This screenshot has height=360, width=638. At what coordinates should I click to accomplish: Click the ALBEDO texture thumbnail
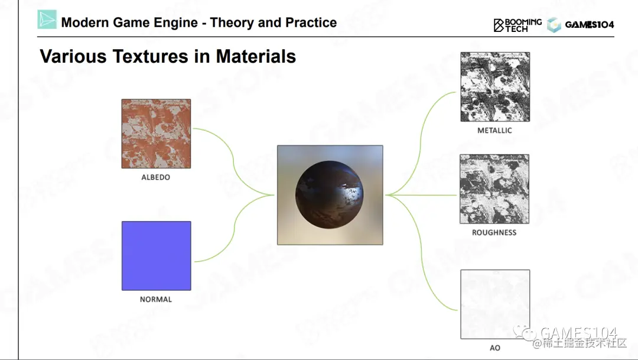[156, 134]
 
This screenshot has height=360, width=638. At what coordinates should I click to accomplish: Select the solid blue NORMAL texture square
[156, 256]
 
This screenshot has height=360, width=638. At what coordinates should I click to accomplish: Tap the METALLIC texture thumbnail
[495, 87]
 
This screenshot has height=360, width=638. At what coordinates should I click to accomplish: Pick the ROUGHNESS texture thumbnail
[494, 189]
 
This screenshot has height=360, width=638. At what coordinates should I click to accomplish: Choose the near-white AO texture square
[495, 304]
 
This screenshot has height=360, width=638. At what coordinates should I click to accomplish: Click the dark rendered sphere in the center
[330, 194]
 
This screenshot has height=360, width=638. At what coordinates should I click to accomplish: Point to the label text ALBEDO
[156, 177]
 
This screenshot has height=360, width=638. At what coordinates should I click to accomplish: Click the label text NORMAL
[156, 299]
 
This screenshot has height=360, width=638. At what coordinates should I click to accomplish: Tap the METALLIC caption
[495, 130]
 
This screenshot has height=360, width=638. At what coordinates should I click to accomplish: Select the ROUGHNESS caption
[494, 232]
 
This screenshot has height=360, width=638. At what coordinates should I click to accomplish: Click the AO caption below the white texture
[495, 348]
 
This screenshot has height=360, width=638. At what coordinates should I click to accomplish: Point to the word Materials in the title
[256, 56]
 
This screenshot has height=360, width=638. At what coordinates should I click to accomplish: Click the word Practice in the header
[311, 22]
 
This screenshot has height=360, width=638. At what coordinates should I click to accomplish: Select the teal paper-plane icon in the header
[47, 20]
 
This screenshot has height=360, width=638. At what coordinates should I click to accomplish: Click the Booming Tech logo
[517, 25]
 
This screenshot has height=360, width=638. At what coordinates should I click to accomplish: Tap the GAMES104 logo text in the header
[589, 25]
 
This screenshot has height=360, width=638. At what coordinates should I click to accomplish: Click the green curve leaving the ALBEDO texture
[233, 160]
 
